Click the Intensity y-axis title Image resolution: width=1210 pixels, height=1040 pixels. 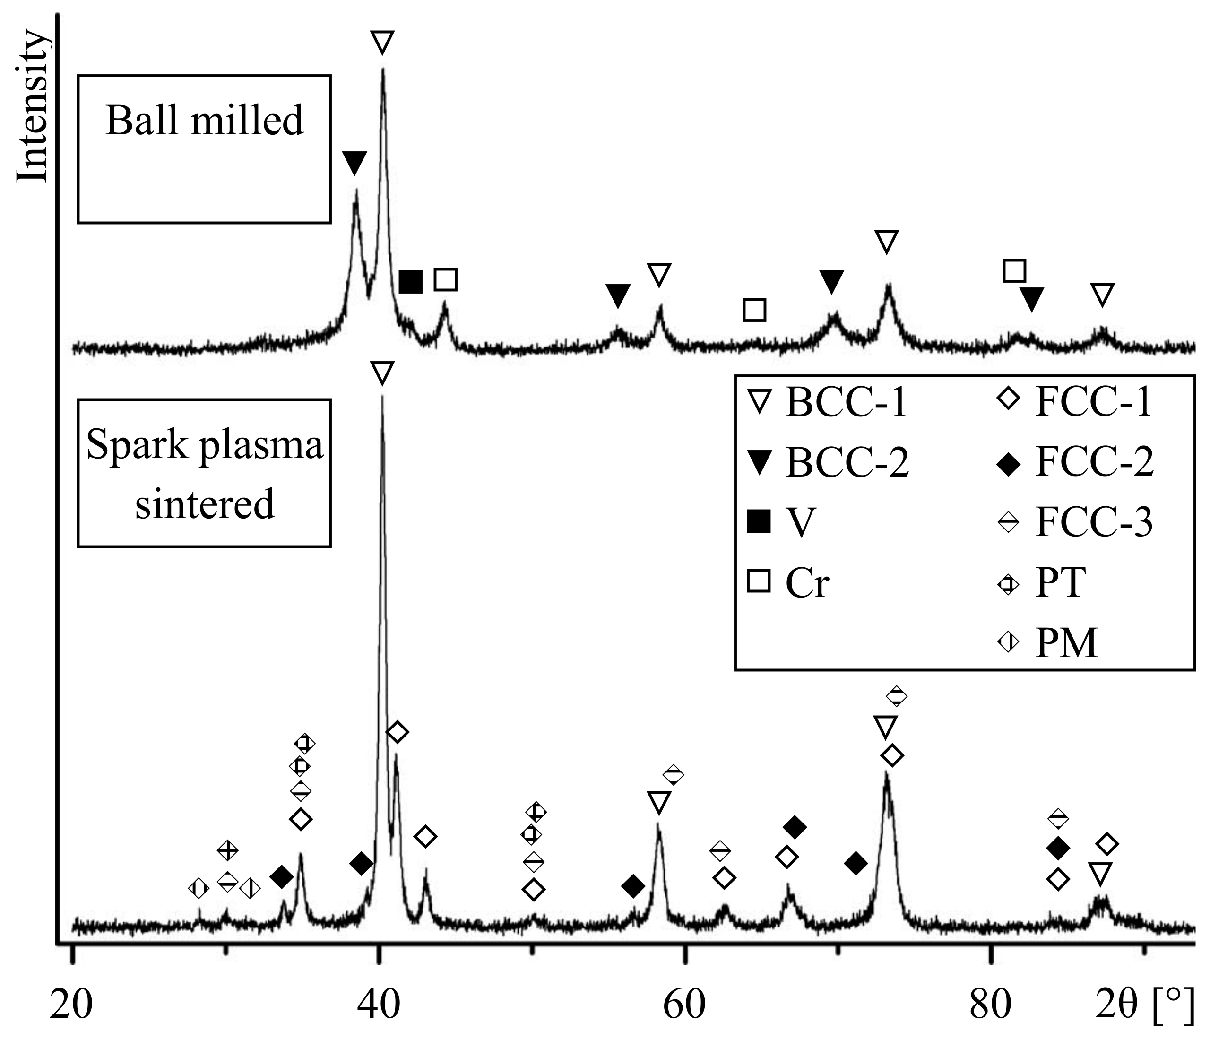32,108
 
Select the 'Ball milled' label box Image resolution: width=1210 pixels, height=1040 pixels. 204,149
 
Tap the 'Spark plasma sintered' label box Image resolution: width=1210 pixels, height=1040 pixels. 204,473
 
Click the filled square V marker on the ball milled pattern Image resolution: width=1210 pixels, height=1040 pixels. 411,282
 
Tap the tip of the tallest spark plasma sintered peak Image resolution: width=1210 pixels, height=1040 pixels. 382,397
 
